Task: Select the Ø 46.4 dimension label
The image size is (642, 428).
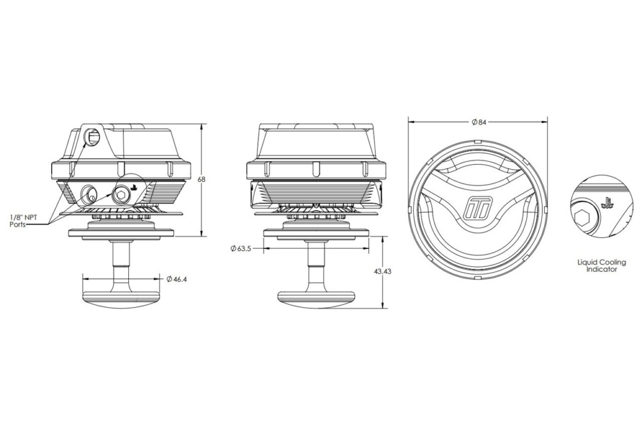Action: (176, 279)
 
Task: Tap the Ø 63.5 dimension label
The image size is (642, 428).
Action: (241, 248)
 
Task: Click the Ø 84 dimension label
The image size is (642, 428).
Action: (479, 122)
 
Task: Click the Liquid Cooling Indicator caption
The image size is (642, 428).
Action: (601, 266)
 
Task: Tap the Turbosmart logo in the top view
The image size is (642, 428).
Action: (477, 207)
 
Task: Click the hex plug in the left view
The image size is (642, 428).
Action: (121, 195)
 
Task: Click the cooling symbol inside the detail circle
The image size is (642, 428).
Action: (607, 202)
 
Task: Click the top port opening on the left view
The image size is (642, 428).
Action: (92, 136)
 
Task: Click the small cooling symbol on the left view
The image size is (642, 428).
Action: (133, 188)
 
